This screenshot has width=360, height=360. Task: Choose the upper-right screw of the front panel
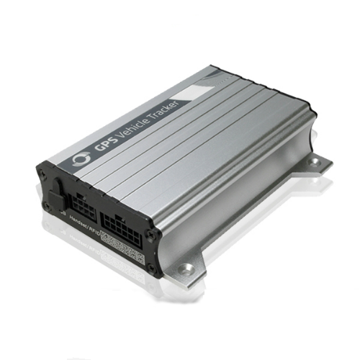click(x=149, y=233)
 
